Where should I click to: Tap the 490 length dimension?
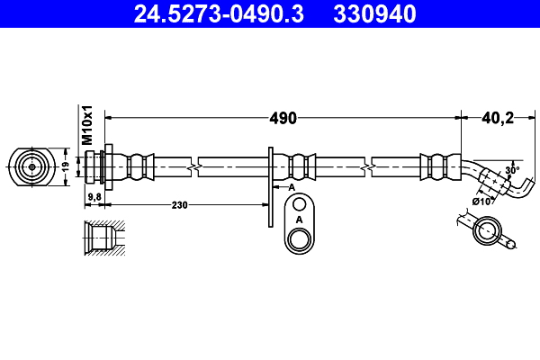click(x=284, y=118)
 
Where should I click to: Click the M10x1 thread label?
click(x=88, y=125)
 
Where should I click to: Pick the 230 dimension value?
click(x=180, y=205)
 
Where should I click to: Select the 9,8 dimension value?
click(x=94, y=196)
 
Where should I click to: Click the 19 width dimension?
click(x=66, y=166)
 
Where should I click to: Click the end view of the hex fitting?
click(x=31, y=166)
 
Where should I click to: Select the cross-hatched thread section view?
click(x=101, y=238)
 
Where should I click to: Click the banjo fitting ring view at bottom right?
click(x=486, y=232)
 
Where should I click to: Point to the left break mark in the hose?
click(x=193, y=166)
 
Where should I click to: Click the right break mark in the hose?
click(x=368, y=166)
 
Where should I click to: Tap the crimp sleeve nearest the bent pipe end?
click(x=437, y=166)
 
